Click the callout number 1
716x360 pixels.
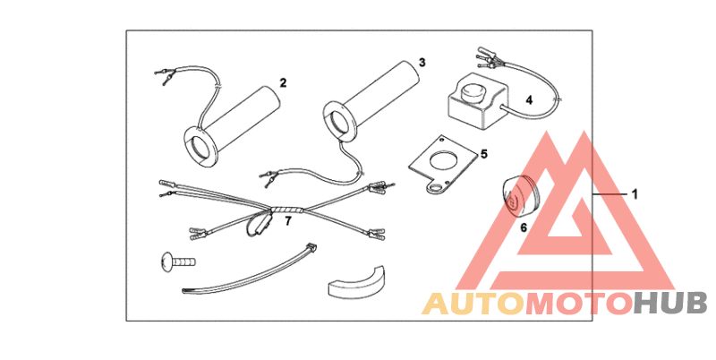tap(635, 194)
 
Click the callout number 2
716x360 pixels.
tap(283, 82)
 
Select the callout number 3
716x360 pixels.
tap(422, 62)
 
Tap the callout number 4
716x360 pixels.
tap(529, 100)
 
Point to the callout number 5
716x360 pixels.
tap(484, 154)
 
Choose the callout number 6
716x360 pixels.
tap(524, 227)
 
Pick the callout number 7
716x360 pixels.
tap(287, 221)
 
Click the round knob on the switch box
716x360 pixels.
tap(471, 93)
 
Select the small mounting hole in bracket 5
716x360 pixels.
tap(437, 186)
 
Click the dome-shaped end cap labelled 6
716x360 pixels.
tap(520, 195)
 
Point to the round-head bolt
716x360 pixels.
tap(178, 262)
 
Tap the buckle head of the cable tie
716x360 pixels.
tap(312, 248)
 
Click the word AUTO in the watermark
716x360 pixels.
tap(473, 304)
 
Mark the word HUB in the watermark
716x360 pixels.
tap(669, 304)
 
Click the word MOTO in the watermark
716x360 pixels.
tap(578, 304)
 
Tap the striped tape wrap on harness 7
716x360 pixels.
tap(287, 210)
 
